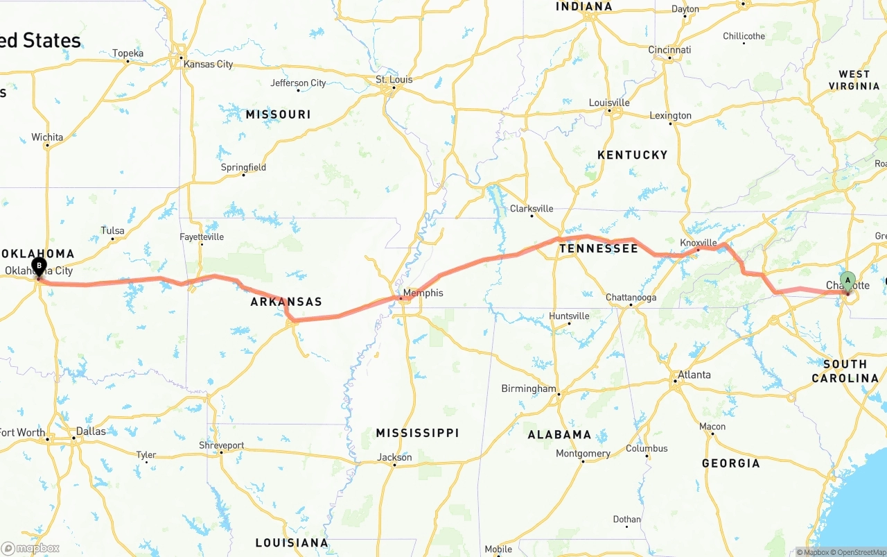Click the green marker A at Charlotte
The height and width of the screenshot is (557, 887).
tap(847, 281)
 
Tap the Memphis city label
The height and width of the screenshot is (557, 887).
tap(423, 293)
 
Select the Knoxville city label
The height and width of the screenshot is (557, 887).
tap(698, 243)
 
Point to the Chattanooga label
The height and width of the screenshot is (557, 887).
tap(631, 298)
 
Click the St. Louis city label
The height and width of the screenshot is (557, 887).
tap(394, 80)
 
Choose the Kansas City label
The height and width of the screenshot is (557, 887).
tap(208, 64)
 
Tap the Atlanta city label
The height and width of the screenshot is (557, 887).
tap(694, 375)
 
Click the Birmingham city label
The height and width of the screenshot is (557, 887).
tap(528, 388)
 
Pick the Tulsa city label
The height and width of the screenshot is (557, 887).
tap(112, 230)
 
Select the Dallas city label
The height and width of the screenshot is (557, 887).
tap(91, 431)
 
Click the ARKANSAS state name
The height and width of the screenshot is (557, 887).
tap(286, 302)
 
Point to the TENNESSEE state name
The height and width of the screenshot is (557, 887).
tap(599, 248)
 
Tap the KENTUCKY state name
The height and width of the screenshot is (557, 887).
tap(632, 155)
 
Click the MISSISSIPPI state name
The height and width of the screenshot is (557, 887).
tap(417, 433)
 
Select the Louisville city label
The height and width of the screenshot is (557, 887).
tap(609, 103)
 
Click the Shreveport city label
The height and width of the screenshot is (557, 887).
tap(221, 445)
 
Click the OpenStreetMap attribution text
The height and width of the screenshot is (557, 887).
tap(857, 552)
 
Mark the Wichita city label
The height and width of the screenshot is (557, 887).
tap(47, 137)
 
